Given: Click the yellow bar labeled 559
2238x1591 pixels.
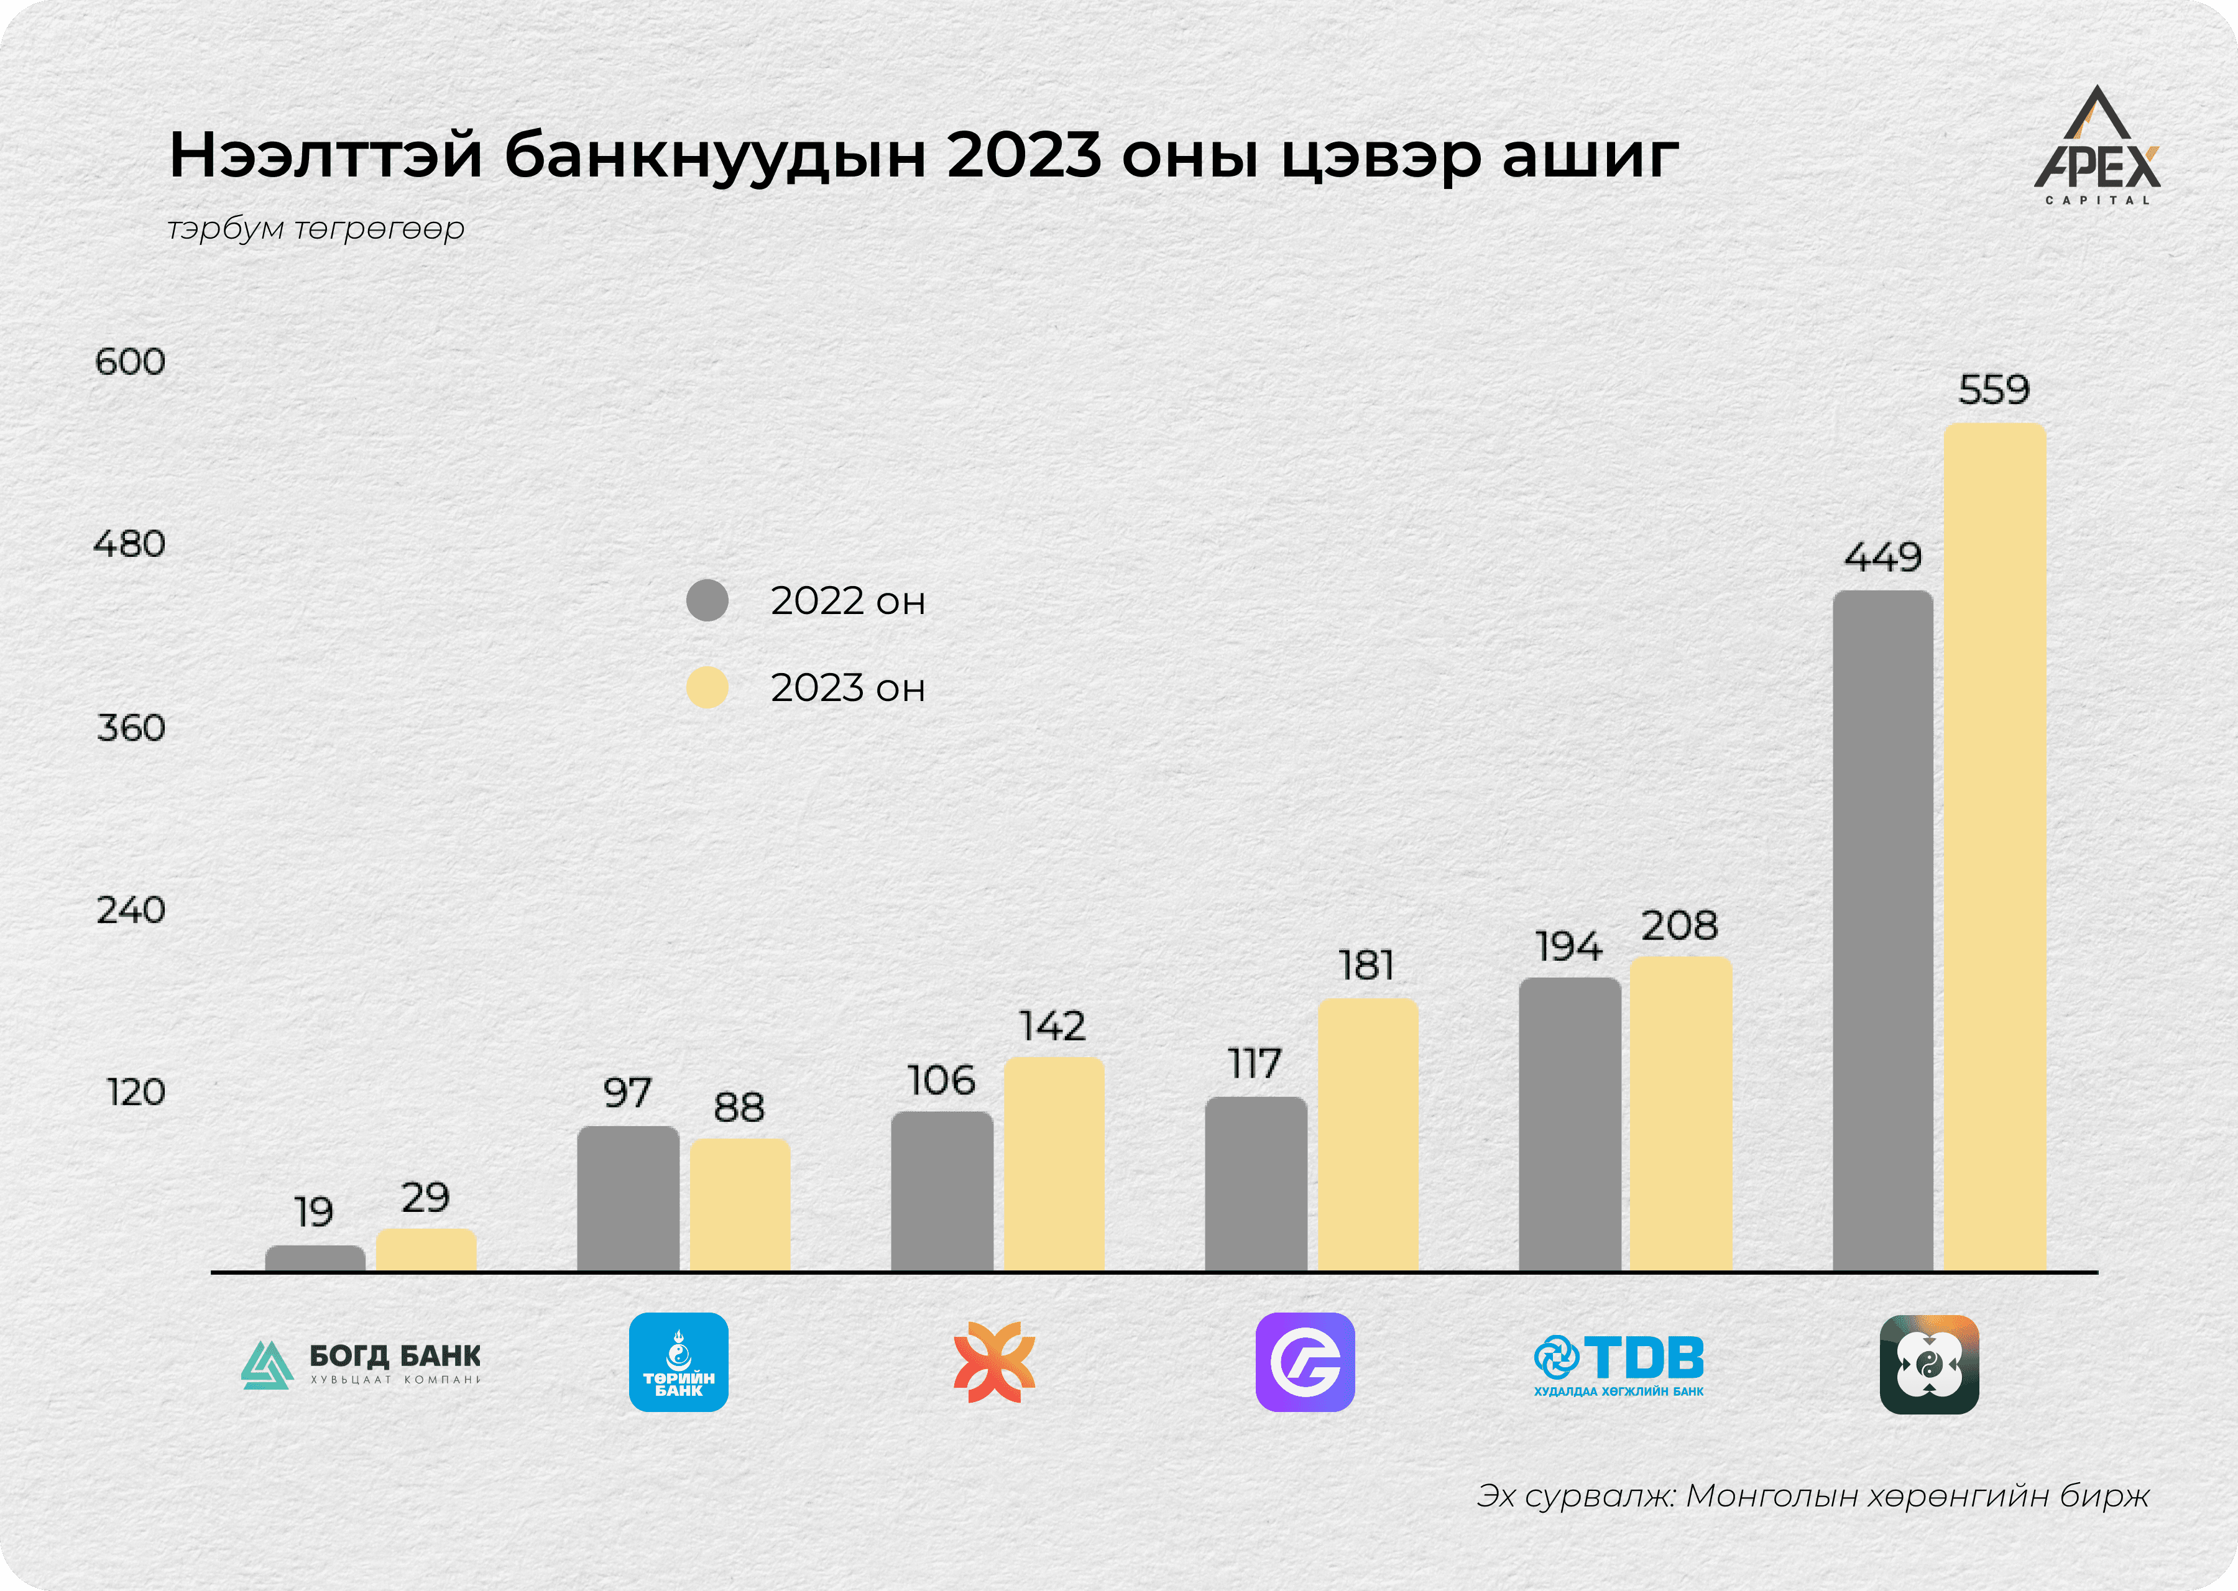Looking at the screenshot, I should click(x=1994, y=848).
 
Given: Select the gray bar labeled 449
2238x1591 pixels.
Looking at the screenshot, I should click(x=1882, y=931).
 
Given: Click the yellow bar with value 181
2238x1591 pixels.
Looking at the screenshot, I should click(x=1368, y=1134).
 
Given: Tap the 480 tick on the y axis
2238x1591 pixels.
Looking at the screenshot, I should click(x=129, y=544).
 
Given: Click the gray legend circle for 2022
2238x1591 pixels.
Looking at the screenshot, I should click(x=706, y=600).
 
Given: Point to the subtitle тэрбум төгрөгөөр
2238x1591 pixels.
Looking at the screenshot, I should click(x=316, y=228).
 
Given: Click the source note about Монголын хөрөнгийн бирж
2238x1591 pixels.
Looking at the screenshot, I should click(x=1813, y=1496).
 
